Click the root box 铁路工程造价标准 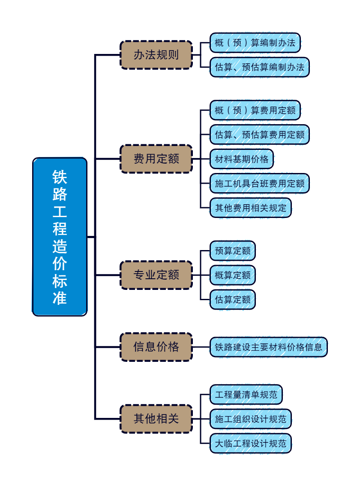[60, 237]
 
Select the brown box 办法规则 [156, 55]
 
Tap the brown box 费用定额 [156, 159]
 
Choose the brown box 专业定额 [156, 275]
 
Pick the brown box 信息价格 [156, 347]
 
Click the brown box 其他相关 [156, 418]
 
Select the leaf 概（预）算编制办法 [255, 43]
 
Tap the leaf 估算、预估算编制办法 [259, 67]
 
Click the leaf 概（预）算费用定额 [255, 110]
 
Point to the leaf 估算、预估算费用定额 [259, 135]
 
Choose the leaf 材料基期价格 [241, 159]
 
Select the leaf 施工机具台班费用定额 [259, 184]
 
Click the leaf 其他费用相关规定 [250, 208]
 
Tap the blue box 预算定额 [232, 251]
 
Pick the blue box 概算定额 [232, 275]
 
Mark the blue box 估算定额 [232, 300]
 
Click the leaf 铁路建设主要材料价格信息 [268, 347]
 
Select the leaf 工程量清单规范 [246, 394]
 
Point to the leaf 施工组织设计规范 [250, 419]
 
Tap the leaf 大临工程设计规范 [250, 443]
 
